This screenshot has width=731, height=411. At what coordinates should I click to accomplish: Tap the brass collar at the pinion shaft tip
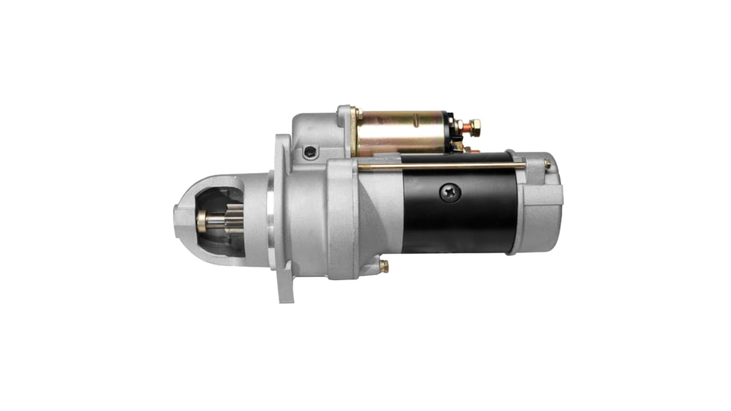point(201,220)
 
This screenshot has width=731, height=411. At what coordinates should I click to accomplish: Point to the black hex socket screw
point(310,152)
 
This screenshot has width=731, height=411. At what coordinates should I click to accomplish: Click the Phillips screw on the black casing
point(451,192)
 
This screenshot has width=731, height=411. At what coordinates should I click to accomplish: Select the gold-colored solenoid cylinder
point(401,133)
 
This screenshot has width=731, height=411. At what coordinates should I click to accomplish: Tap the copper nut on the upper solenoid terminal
point(472,126)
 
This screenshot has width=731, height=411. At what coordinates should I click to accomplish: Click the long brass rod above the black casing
point(441,166)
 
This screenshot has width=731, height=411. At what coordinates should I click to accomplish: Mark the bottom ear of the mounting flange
point(286,288)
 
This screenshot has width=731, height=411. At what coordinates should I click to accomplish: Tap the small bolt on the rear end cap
point(547,164)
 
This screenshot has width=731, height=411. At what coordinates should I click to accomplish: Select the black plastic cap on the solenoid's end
point(451,132)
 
